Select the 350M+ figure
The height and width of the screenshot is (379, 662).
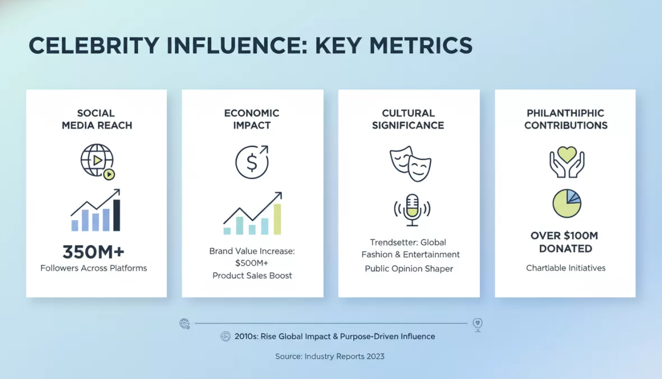94,251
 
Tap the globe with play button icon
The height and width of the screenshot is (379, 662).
98,161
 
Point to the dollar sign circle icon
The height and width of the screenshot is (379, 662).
252,162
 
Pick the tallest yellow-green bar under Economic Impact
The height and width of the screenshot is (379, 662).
277,219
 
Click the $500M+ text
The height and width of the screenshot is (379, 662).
252,263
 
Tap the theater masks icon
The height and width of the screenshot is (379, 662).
410,163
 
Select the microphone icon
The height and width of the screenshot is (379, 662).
412,209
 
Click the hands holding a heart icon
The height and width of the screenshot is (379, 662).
567,161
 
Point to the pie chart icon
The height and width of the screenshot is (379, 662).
567,203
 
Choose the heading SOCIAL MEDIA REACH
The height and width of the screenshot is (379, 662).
96,119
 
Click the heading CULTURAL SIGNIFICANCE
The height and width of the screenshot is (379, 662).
409,119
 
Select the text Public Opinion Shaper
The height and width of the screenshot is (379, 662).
409,269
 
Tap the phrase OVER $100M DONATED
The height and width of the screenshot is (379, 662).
565,242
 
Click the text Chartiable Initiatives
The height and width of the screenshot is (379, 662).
566,268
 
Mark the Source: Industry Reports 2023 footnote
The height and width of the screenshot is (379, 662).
330,357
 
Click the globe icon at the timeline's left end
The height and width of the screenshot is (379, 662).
184,323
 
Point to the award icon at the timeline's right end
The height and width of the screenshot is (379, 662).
477,325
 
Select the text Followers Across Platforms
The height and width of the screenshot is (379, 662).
94,268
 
